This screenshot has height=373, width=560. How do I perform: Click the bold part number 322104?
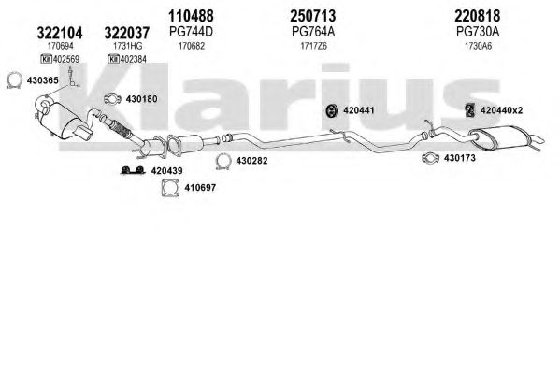[x=60, y=33]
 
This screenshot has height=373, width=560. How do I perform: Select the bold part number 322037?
[x=127, y=33]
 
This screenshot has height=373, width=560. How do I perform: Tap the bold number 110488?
[x=191, y=16]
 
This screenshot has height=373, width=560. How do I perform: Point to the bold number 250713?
[x=313, y=16]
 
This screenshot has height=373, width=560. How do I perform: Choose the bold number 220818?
[x=478, y=16]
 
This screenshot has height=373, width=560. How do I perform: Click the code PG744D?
[x=191, y=32]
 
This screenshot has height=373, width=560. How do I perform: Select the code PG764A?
[x=313, y=32]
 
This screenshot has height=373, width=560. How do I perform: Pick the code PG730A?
[x=478, y=32]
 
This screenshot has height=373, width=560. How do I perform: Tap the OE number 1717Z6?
[x=313, y=46]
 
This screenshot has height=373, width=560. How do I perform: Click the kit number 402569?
[x=66, y=59]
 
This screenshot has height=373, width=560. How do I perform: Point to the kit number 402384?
[x=133, y=59]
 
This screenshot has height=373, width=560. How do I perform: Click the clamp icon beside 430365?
[x=14, y=80]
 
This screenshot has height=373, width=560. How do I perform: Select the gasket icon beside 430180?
[x=112, y=99]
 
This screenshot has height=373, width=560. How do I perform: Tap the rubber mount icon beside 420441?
[x=333, y=110]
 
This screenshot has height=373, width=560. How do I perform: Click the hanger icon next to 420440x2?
[x=470, y=110]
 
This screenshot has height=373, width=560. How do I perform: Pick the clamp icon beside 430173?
[x=430, y=158]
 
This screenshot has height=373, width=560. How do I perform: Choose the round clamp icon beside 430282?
[x=223, y=161]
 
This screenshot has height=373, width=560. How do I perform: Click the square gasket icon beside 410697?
[x=170, y=188]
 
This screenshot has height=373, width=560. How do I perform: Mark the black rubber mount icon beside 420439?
[x=133, y=170]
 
